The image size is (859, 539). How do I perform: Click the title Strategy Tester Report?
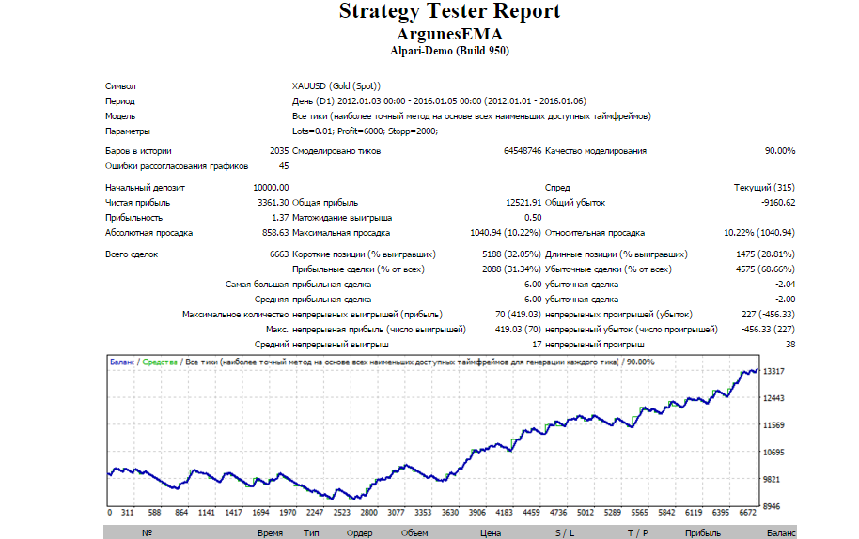450,11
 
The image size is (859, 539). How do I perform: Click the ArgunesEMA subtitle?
450,35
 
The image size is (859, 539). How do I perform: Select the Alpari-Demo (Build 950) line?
450,51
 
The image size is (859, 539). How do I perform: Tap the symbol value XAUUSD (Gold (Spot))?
336,85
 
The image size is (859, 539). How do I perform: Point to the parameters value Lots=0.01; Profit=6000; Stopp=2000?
365,131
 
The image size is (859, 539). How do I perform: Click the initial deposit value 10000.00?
271,188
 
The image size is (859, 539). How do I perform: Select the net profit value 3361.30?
273,203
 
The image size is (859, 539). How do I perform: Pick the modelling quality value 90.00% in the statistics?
779,151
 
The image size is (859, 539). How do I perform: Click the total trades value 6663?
279,254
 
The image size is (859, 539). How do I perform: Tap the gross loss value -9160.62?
778,203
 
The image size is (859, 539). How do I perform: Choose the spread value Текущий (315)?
764,188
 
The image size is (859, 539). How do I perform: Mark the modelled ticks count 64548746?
523,151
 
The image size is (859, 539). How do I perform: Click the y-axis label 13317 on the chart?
773,372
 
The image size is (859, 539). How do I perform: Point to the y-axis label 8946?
772,507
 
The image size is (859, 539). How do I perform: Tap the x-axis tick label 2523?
342,513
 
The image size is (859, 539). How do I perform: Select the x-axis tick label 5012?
586,513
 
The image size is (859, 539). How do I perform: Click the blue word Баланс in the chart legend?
121,362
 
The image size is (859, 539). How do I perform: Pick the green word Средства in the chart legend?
160,362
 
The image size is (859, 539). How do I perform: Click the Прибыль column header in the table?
702,533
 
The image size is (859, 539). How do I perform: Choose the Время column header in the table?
270,533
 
